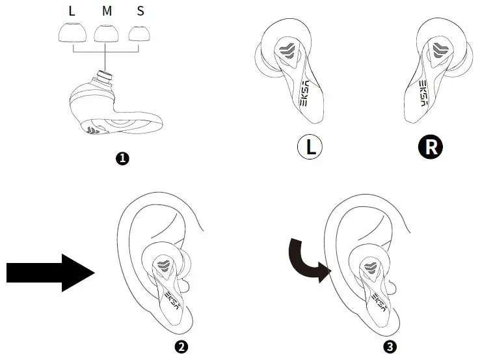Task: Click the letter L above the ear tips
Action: tap(72, 11)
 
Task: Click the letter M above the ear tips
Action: tap(106, 11)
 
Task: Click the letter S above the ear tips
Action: tap(140, 11)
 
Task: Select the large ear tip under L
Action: tap(72, 33)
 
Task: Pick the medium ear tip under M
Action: tap(105, 33)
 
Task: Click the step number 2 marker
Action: tap(183, 346)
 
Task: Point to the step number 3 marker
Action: tap(390, 346)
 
